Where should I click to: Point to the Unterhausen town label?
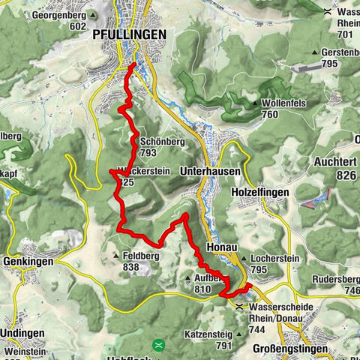(210, 171)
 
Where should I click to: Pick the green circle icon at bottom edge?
(158, 346)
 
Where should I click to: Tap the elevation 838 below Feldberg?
(131, 266)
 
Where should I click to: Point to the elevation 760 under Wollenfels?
(271, 114)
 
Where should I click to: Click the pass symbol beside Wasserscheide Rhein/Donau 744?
(239, 306)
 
